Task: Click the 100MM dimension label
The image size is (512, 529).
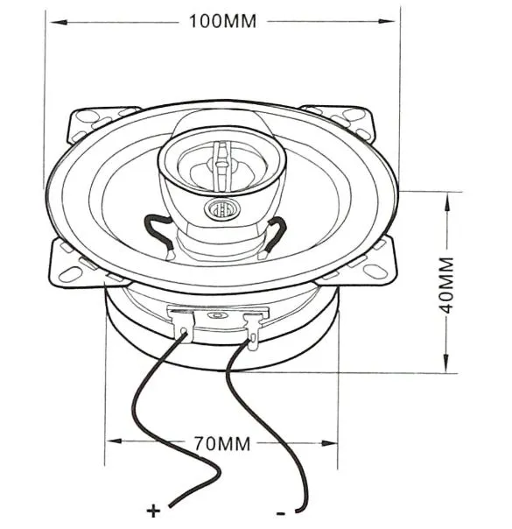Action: pos(222,21)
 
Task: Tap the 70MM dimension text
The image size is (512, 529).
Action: pos(222,444)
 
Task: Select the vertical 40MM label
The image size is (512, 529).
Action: pos(447,285)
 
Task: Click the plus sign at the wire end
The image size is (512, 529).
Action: pos(154,511)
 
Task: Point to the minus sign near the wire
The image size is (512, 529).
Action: pos(280,513)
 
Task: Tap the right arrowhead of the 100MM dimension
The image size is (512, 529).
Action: pos(386,21)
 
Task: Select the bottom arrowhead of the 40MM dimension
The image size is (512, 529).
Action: pos(446,363)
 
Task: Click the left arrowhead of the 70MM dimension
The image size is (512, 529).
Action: pos(114,441)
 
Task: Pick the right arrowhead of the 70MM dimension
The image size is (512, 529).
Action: pos(329,443)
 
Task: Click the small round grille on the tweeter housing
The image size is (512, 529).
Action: pos(222,210)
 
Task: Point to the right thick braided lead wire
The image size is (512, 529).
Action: pos(277,234)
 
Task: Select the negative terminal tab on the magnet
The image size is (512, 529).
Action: pos(253,331)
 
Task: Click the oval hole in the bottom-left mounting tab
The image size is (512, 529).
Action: pos(70,274)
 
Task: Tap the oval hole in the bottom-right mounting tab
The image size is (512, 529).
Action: pos(375,271)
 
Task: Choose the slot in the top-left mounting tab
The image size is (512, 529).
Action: pos(87,116)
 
